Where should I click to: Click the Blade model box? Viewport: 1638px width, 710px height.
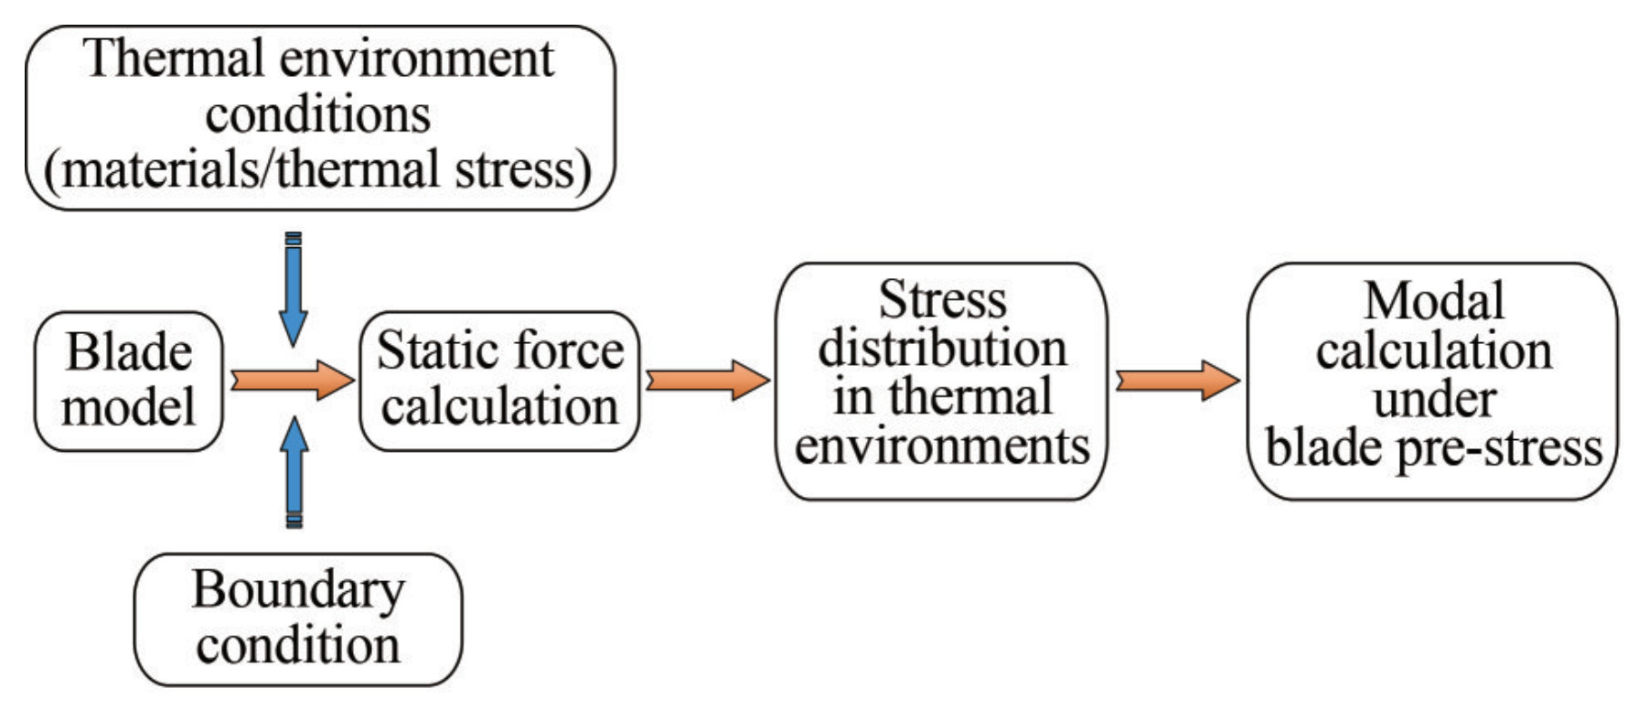coord(128,381)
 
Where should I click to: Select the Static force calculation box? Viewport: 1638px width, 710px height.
coord(499,381)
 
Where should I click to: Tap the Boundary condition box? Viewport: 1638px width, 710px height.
coord(298,619)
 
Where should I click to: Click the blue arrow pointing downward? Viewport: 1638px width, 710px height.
coord(293,289)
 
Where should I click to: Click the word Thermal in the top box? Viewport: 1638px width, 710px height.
coord(173,59)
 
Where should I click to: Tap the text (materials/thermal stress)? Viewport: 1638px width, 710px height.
coord(318,170)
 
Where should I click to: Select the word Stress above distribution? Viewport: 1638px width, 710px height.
coord(942,299)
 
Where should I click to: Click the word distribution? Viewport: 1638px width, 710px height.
coord(942,349)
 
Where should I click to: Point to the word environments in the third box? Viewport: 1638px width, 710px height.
coord(942,446)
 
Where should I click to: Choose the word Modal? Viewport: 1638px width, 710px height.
coord(1433,300)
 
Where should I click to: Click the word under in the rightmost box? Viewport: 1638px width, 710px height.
coord(1433,399)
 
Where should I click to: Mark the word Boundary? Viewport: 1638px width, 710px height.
coord(298,590)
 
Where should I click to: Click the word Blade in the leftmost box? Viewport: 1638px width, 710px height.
coord(129,352)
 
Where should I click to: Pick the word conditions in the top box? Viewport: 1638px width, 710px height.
coord(318,114)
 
